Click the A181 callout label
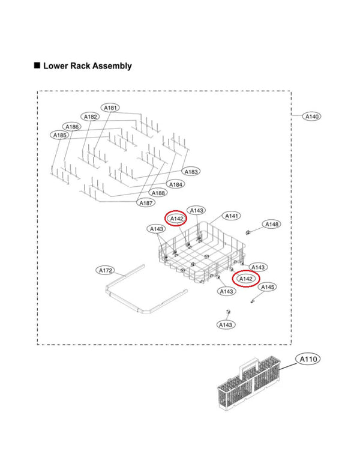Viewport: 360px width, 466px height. (x=110, y=107)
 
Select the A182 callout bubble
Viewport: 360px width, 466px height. (x=91, y=116)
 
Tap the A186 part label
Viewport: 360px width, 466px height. (x=72, y=127)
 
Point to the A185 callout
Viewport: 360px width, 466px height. (x=60, y=136)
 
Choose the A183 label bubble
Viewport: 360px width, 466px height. (x=191, y=172)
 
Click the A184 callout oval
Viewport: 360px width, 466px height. (x=176, y=184)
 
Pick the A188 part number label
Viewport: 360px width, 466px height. (x=158, y=193)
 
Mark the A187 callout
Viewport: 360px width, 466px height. (x=147, y=203)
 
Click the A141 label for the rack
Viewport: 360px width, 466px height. (x=232, y=216)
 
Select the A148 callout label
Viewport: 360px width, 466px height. (x=272, y=224)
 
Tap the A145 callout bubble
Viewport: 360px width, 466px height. (x=268, y=288)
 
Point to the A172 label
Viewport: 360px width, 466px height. (x=106, y=270)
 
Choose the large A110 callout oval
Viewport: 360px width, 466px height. (x=308, y=359)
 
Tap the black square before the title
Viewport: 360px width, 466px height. (x=37, y=65)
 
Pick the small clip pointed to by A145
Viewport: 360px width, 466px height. (x=254, y=302)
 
